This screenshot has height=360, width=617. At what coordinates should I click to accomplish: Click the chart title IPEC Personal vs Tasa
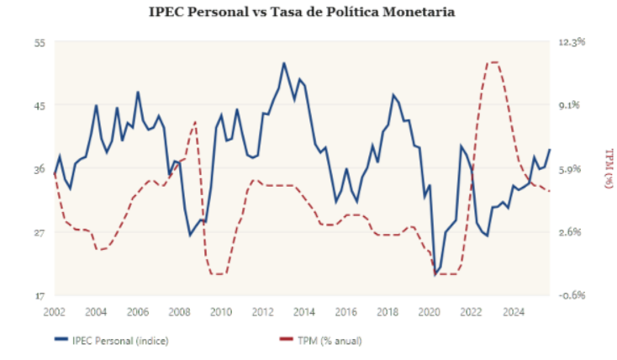pyautogui.click(x=308, y=12)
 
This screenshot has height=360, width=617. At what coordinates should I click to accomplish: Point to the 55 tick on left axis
pyautogui.click(x=38, y=41)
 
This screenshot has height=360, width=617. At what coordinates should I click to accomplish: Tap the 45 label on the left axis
pyautogui.click(x=38, y=105)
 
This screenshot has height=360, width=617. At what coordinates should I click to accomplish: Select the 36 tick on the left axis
pyautogui.click(x=38, y=168)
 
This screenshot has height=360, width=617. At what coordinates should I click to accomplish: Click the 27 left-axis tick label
pyautogui.click(x=38, y=232)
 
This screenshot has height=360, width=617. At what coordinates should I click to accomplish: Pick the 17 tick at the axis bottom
pyautogui.click(x=38, y=295)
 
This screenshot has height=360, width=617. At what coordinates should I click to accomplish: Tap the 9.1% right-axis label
pyautogui.click(x=572, y=105)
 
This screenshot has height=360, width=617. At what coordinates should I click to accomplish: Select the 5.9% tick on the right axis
pyautogui.click(x=572, y=168)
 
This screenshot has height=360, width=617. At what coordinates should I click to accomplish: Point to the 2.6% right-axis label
pyautogui.click(x=572, y=232)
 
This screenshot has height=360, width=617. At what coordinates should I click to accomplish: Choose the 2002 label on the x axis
pyautogui.click(x=55, y=311)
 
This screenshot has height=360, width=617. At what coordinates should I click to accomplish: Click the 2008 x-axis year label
pyautogui.click(x=179, y=311)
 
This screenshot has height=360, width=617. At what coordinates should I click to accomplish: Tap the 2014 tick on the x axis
pyautogui.click(x=303, y=311)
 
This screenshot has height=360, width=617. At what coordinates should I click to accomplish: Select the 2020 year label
pyautogui.click(x=428, y=311)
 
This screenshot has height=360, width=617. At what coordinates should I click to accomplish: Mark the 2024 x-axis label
pyautogui.click(x=511, y=311)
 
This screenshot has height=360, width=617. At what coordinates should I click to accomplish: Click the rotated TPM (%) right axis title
pyautogui.click(x=608, y=168)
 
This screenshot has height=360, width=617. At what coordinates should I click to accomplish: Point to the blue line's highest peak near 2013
pyautogui.click(x=284, y=63)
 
